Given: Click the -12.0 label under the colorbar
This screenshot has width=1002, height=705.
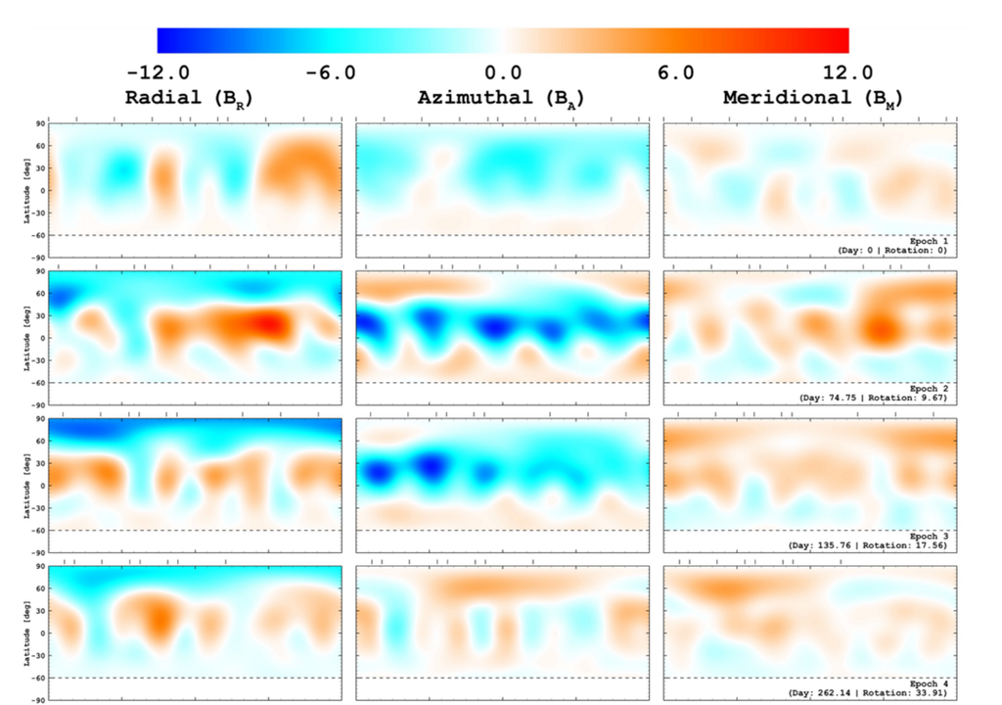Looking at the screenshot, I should pyautogui.click(x=159, y=73).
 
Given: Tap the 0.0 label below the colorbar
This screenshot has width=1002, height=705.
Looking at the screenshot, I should pyautogui.click(x=502, y=73).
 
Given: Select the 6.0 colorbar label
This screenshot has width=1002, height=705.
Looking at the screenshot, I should pyautogui.click(x=675, y=73).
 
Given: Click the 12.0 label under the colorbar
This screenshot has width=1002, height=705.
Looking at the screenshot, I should pyautogui.click(x=847, y=73).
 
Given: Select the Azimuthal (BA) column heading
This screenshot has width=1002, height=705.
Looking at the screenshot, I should pyautogui.click(x=502, y=99).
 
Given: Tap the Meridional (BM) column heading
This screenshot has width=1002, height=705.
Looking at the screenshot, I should pyautogui.click(x=812, y=99).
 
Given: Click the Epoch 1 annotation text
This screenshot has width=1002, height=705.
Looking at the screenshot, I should pyautogui.click(x=929, y=240).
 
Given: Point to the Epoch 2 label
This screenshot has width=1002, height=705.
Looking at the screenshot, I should pyautogui.click(x=929, y=389).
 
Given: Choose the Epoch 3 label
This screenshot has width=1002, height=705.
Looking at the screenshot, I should pyautogui.click(x=929, y=537).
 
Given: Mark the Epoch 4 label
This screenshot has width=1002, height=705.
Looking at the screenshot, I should pyautogui.click(x=929, y=682).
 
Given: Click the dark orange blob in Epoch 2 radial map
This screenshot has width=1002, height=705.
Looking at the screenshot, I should pyautogui.click(x=266, y=324).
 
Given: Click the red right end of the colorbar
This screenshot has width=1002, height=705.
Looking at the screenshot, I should pyautogui.click(x=837, y=40).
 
